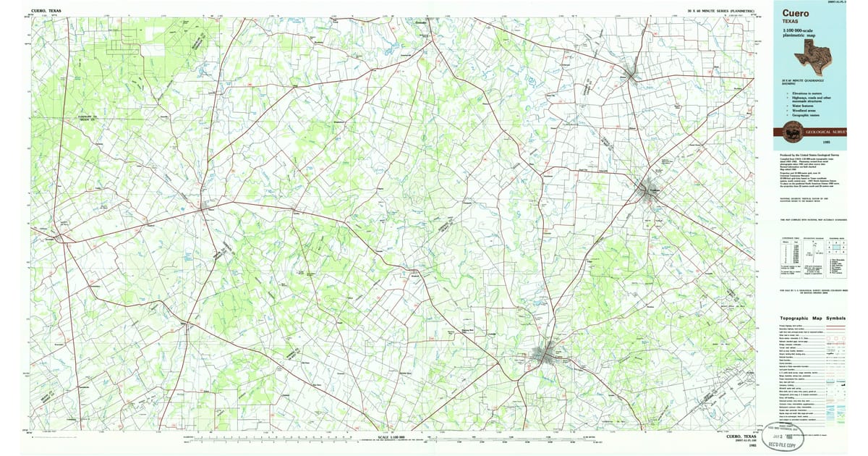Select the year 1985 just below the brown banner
pyautogui.click(x=840, y=143)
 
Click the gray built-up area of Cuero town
pyautogui.click(x=545, y=355)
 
